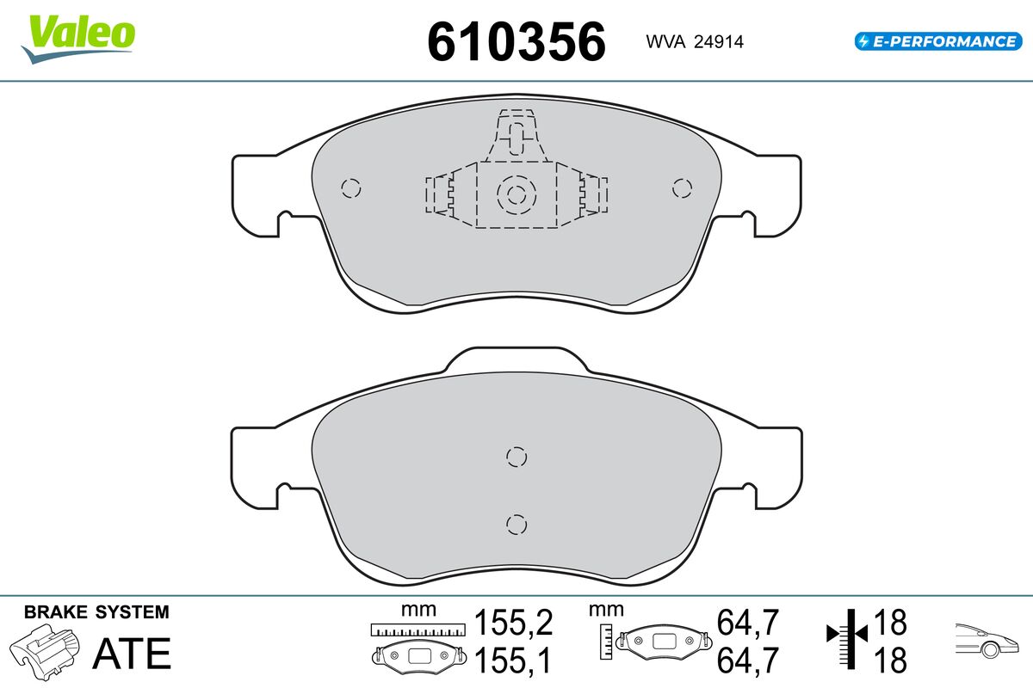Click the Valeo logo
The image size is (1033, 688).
78,40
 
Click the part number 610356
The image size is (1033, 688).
516,41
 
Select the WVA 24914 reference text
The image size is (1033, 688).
695,41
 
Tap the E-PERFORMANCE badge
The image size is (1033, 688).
938,41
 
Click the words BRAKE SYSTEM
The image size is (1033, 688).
96,612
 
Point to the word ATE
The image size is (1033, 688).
132,654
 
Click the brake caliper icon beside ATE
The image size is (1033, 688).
45,652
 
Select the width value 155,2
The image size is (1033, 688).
513,622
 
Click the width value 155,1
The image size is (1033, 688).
513,660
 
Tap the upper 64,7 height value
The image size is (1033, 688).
747,622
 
